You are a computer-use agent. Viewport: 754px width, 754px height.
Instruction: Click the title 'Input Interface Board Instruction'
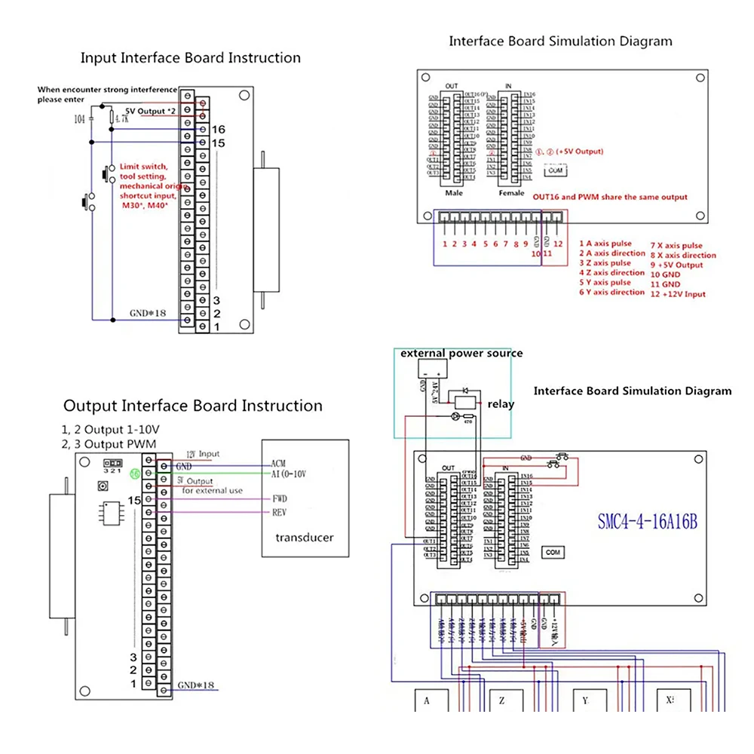190,58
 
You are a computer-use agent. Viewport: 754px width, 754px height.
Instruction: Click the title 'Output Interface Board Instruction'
192,406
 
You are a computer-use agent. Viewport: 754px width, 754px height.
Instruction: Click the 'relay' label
501,404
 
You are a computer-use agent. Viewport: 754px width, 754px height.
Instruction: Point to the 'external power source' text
461,353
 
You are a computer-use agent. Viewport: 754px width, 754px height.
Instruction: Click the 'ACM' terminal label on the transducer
277,463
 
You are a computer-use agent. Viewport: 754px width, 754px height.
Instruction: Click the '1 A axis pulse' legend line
605,244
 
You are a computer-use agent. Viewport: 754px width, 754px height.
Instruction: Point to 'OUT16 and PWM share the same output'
610,197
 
